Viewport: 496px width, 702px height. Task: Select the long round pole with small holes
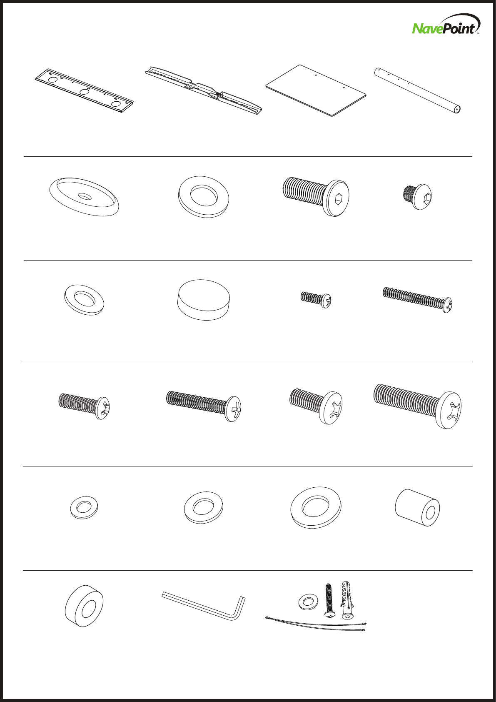tap(417, 90)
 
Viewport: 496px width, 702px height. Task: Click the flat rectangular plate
tap(316, 90)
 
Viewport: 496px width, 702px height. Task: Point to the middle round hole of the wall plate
tap(85, 92)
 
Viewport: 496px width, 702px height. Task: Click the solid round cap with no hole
tap(204, 300)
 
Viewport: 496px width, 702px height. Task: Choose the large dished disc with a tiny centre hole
tap(84, 196)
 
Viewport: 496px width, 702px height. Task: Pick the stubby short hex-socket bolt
tap(417, 196)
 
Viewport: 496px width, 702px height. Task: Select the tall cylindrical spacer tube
tap(417, 507)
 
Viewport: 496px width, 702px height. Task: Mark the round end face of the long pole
tap(457, 109)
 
